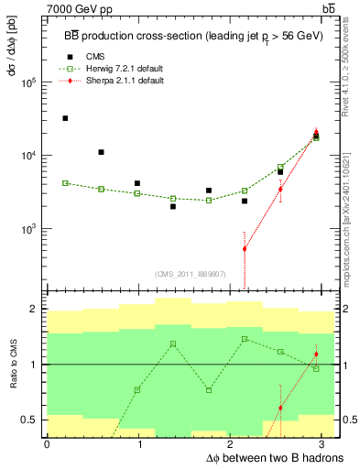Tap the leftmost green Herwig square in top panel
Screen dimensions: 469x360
pos(65,183)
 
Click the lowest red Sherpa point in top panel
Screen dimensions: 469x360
pos(245,248)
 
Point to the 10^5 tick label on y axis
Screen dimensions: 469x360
pos(28,82)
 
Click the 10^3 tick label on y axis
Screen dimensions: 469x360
pos(28,229)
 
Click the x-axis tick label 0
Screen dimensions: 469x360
pos(47,443)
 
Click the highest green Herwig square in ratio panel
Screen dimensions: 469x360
pos(245,339)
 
